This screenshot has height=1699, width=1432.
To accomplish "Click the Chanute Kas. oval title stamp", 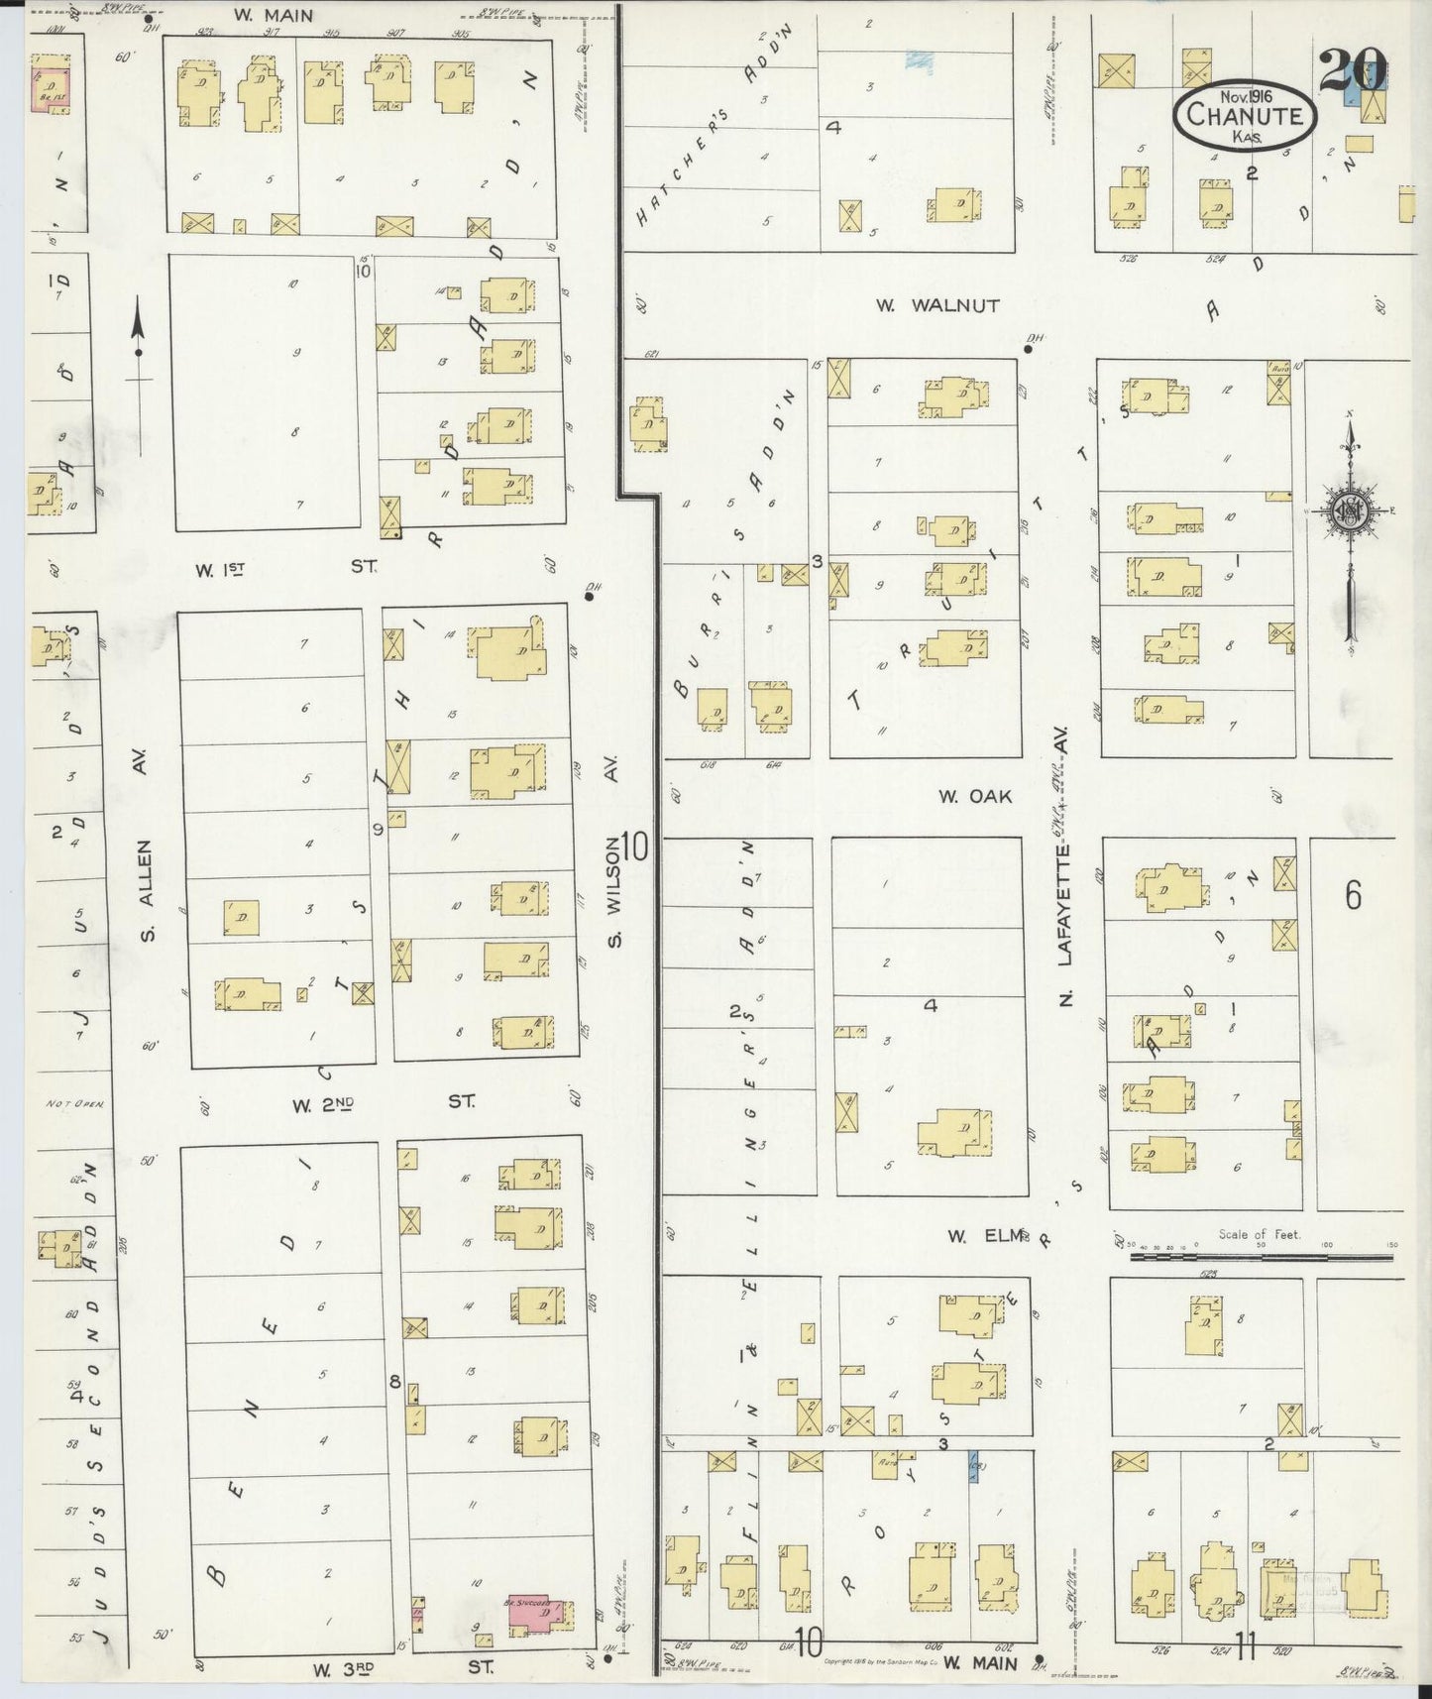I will pyautogui.click(x=1245, y=116).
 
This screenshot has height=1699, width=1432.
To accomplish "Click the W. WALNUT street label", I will pyautogui.click(x=937, y=306).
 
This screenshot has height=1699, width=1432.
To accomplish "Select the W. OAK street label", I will pyautogui.click(x=976, y=795).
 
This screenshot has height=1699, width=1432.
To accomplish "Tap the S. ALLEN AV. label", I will pyautogui.click(x=145, y=872).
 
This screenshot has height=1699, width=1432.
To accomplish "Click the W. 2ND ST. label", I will pyautogui.click(x=382, y=1102).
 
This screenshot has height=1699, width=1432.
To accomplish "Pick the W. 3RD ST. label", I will pyautogui.click(x=401, y=1669).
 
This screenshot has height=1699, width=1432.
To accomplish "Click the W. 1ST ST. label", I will pyautogui.click(x=286, y=569).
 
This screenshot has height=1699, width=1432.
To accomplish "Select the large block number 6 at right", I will pyautogui.click(x=1353, y=895).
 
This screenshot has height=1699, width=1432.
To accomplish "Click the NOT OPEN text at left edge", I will pyautogui.click(x=74, y=1103).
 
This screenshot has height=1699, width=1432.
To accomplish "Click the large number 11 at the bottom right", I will pyautogui.click(x=1246, y=1649).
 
